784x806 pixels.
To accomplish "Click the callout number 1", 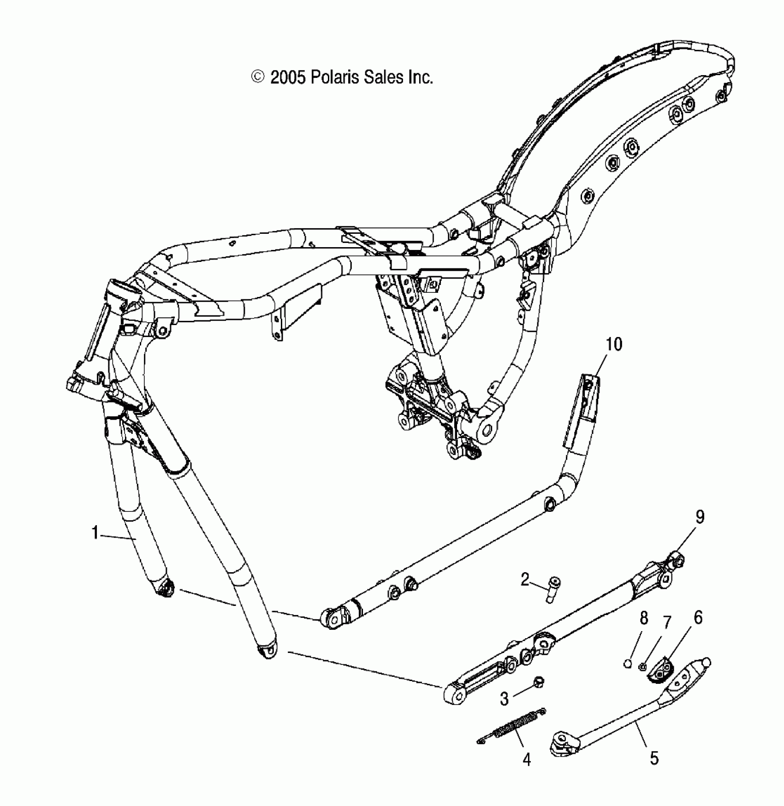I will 95,533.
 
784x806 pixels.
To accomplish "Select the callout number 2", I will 525,579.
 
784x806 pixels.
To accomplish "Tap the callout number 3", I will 505,699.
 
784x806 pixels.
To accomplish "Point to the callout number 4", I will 527,759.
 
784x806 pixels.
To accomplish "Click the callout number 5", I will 654,758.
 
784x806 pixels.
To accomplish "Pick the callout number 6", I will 698,617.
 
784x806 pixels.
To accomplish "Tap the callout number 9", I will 700,517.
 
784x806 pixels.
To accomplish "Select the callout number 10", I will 614,344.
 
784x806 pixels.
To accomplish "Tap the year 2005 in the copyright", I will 288,77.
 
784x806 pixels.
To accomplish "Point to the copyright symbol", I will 257,77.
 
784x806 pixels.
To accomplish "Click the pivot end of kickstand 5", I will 562,742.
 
